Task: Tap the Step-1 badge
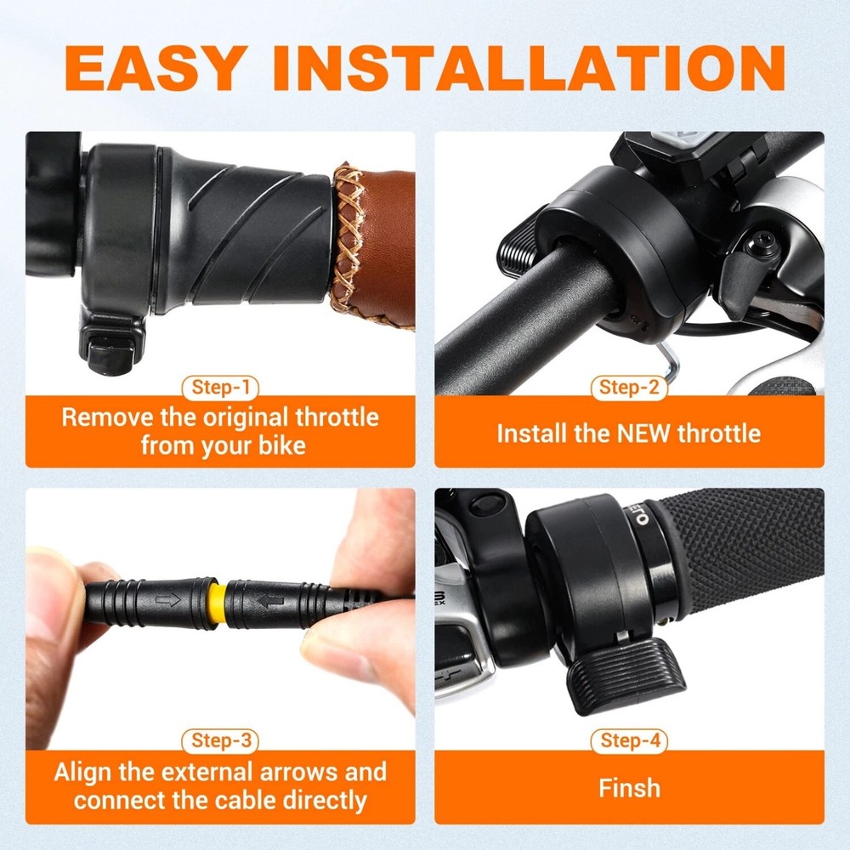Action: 220,388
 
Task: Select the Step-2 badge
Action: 629,388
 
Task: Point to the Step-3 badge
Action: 220,741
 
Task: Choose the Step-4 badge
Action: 629,741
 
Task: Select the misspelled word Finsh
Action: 629,787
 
